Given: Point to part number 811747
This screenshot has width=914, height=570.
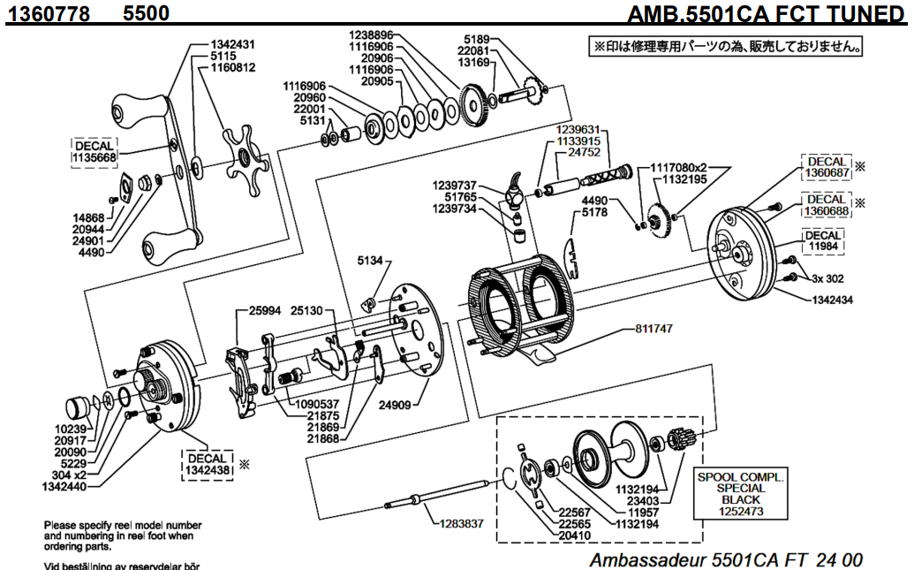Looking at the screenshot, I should (653, 328).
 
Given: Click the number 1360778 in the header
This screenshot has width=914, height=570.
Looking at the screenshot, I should (49, 13).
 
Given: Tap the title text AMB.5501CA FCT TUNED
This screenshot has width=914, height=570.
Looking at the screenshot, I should (766, 15).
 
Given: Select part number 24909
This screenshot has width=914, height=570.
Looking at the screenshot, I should (397, 407).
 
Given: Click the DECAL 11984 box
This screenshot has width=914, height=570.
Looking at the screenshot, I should (824, 240).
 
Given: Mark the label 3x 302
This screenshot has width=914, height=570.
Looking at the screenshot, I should (828, 278).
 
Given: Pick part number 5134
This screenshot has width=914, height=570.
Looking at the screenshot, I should (370, 261).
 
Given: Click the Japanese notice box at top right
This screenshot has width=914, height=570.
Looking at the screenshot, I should (726, 45).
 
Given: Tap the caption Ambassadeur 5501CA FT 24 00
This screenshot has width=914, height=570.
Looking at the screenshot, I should (725, 559).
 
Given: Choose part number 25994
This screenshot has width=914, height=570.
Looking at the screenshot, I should (265, 310).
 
